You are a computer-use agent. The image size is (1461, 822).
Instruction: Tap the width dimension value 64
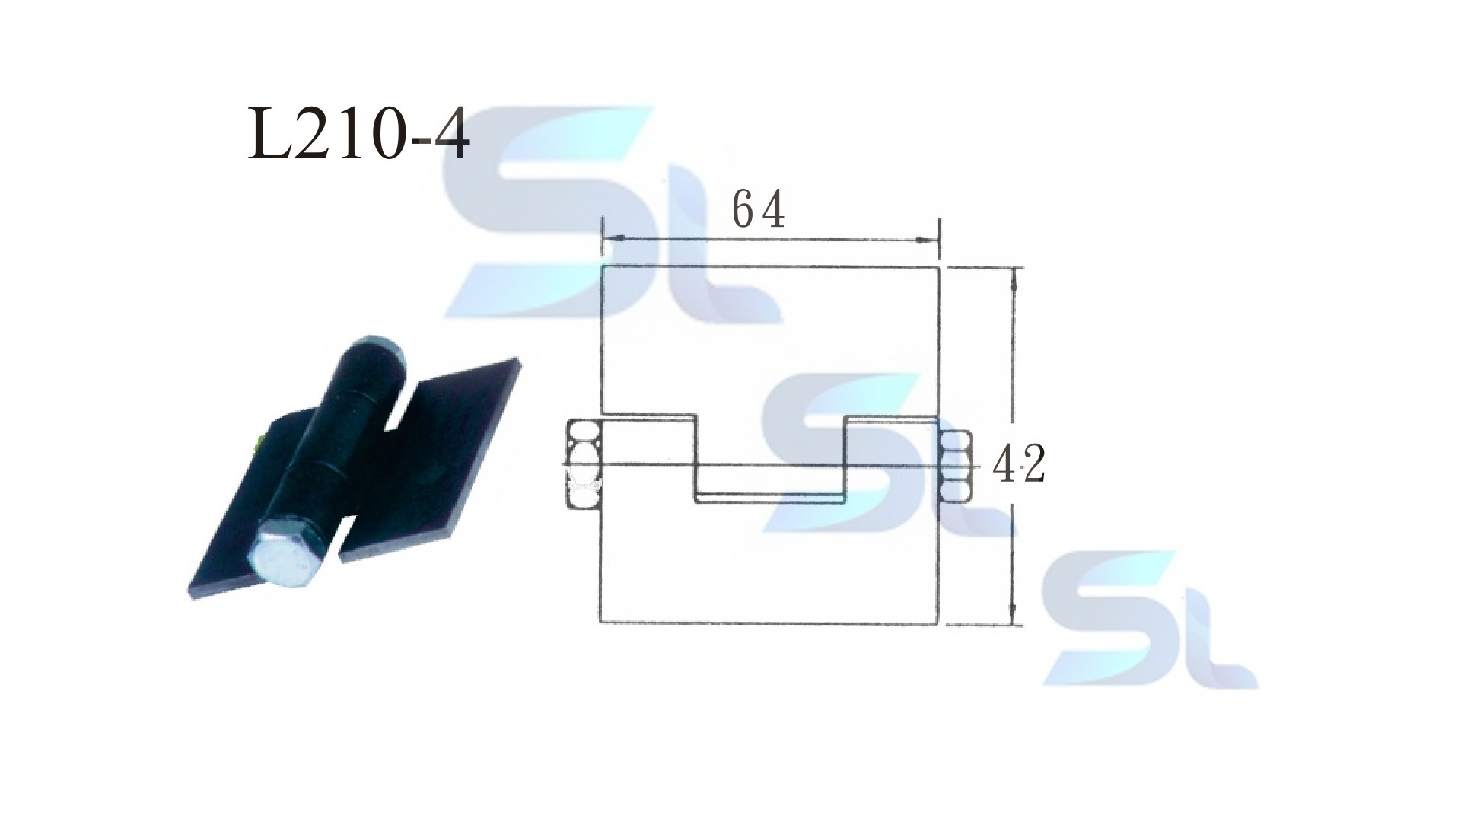pyautogui.click(x=758, y=209)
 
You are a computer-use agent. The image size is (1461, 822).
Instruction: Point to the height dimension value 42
pyautogui.click(x=1019, y=464)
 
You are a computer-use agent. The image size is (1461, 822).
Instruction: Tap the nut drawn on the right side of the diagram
pyautogui.click(x=955, y=466)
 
